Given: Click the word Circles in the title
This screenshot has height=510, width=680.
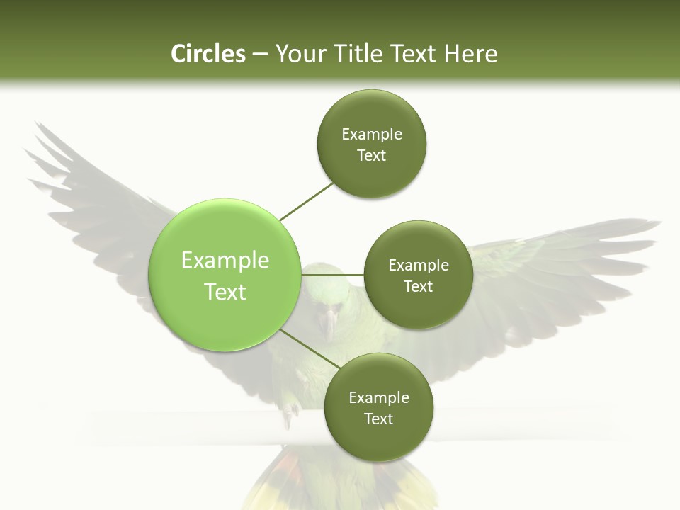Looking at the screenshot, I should (x=208, y=54).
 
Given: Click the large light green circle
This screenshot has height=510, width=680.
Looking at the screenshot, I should (x=225, y=275).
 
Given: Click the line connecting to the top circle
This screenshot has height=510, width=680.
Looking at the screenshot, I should (x=307, y=200).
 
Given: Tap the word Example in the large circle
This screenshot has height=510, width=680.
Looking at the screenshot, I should (x=225, y=261).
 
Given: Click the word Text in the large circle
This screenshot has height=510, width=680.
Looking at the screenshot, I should (x=225, y=292).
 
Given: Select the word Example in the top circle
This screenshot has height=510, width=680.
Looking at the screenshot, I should (x=371, y=135).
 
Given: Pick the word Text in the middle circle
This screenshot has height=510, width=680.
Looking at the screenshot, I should (x=418, y=287).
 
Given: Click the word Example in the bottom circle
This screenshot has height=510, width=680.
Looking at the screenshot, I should (x=378, y=398).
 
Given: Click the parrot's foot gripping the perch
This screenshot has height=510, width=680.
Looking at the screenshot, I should (x=289, y=414).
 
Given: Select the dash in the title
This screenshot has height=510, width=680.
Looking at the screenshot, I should (x=260, y=54).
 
